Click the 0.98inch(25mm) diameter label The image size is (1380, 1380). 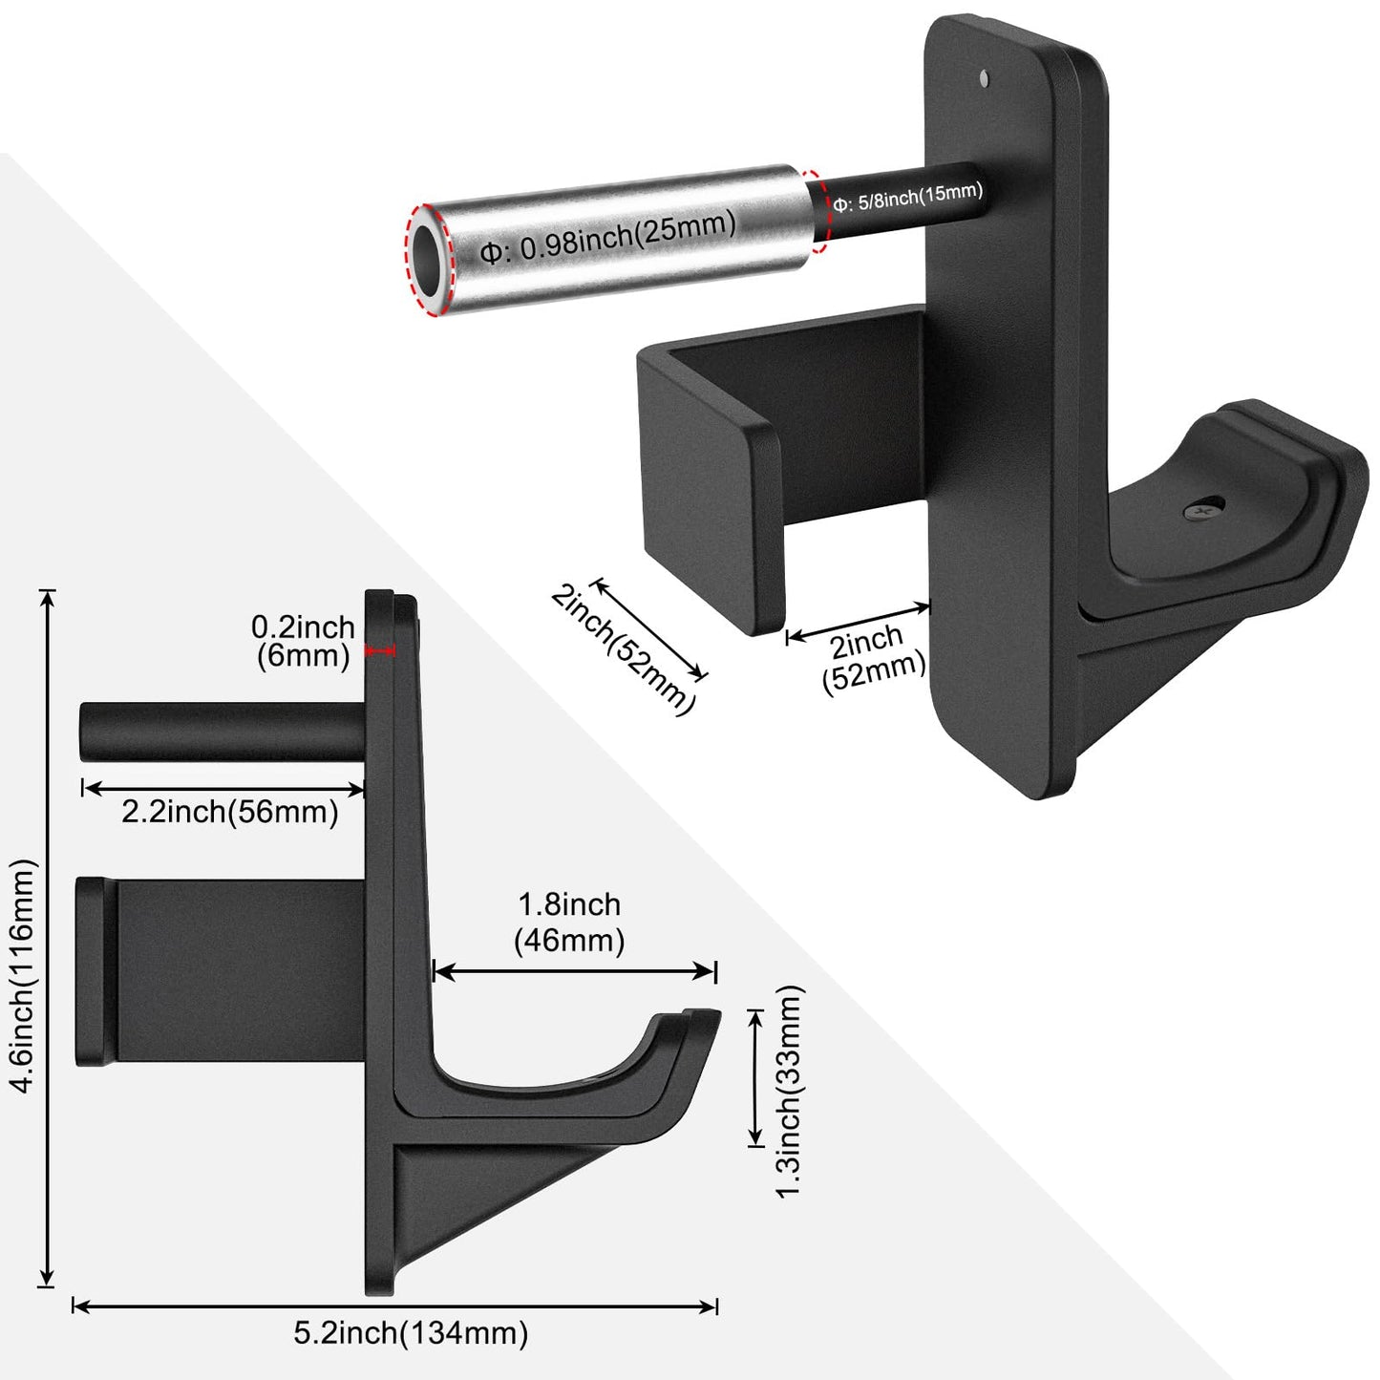click(x=608, y=236)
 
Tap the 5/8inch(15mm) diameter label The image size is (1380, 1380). click(x=907, y=196)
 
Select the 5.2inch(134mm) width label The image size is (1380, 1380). click(x=411, y=1333)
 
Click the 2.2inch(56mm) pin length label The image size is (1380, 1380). click(x=230, y=812)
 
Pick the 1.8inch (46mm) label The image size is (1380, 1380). click(x=569, y=923)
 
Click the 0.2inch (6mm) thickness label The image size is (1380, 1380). click(x=303, y=641)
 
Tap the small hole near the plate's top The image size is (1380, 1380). click(x=986, y=77)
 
